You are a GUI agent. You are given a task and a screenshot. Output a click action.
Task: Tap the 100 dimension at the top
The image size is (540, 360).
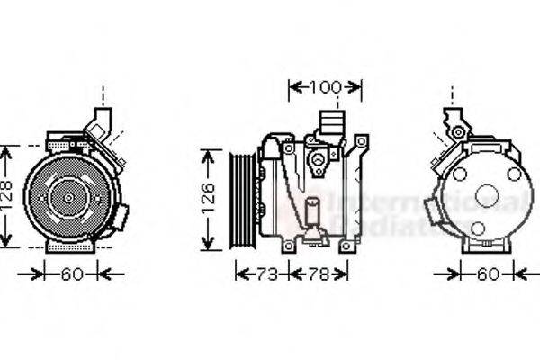point(325,87)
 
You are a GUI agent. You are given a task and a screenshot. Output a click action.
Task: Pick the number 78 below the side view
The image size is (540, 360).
point(318,274)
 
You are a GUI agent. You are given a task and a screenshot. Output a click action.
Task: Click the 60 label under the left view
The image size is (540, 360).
point(71,274)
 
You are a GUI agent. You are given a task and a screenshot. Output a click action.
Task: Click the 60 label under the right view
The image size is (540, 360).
point(488,274)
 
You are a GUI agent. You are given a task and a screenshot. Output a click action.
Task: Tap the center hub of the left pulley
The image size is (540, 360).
point(68,195)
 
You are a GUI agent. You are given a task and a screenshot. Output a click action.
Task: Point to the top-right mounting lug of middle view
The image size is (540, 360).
point(362,141)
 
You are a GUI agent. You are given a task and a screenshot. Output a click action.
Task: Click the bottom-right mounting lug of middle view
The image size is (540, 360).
point(345,245)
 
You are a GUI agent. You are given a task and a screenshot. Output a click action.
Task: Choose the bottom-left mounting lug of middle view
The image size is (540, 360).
point(287,245)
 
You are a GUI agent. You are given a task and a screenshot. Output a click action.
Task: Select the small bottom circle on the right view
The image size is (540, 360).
point(478,229)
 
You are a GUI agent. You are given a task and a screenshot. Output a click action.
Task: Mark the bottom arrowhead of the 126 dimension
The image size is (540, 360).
point(209,245)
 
